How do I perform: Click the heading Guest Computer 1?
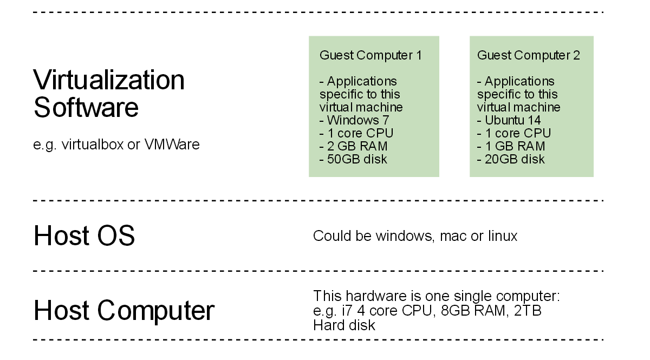click(x=370, y=55)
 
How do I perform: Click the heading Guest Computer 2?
click(x=528, y=55)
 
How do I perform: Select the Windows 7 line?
click(x=354, y=120)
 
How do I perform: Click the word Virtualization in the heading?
click(x=109, y=80)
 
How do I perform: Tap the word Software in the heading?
click(x=86, y=107)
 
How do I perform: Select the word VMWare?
click(x=172, y=145)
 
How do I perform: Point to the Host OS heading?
click(x=84, y=236)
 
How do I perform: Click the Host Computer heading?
click(x=124, y=311)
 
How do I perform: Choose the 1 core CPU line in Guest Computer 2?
click(x=513, y=133)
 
